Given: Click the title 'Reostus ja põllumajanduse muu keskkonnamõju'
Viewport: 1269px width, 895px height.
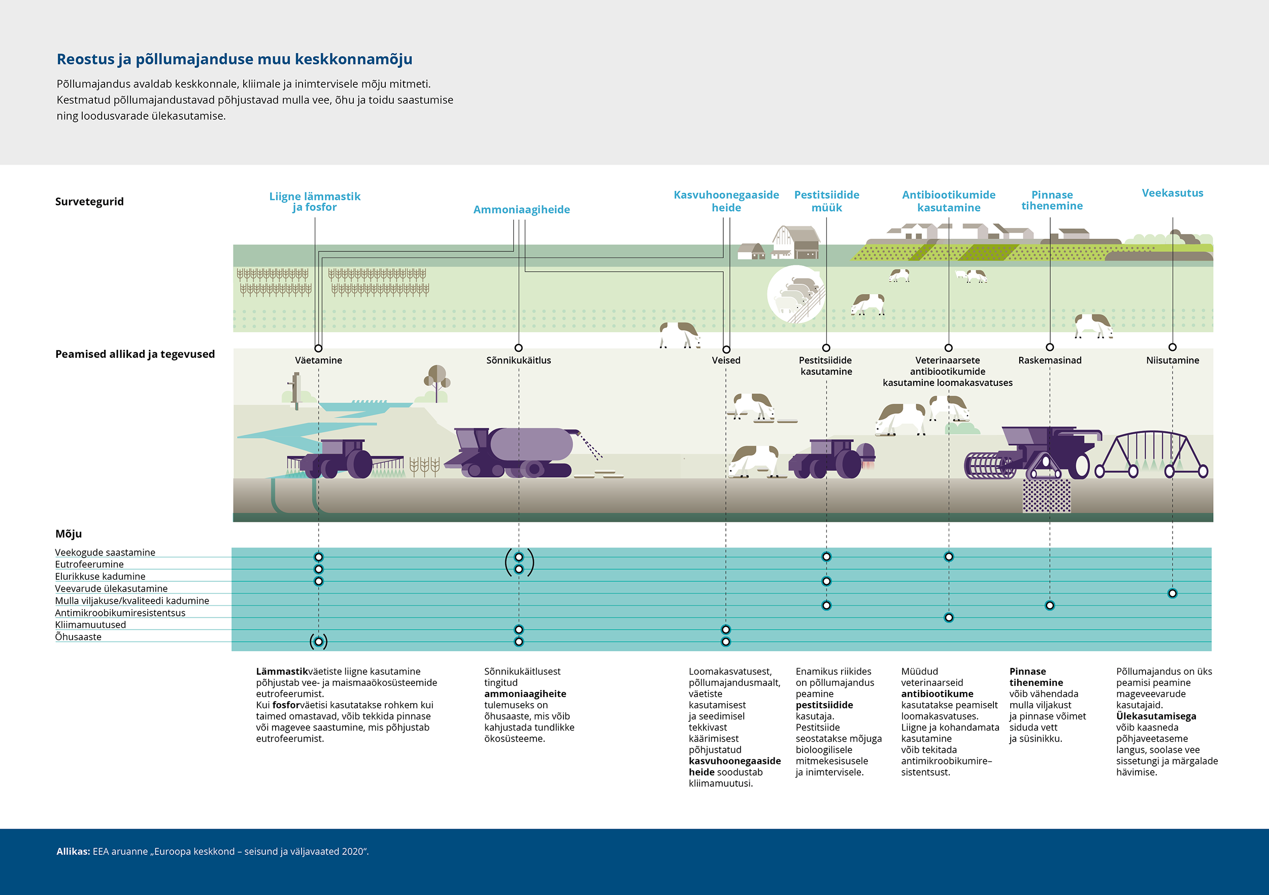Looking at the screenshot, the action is point(235,59).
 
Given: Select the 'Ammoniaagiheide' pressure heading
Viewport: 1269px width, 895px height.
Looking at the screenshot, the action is point(521,210).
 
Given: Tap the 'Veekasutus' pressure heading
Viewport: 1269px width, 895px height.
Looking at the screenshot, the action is point(1172,193).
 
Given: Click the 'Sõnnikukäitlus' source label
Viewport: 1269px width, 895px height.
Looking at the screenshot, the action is point(518,360).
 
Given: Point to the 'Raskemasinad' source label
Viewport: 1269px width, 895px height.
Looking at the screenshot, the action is point(1050,360).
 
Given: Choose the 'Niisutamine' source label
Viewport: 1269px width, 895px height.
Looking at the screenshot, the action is point(1172,360).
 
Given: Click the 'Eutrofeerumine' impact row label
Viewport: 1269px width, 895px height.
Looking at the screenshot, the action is point(89,564).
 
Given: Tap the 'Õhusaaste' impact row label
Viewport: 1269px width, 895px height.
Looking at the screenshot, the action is point(78,636).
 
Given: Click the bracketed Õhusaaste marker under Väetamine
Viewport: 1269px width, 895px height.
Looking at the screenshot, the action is point(318,641).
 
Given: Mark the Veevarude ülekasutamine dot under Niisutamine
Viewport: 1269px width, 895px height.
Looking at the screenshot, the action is point(1172,593).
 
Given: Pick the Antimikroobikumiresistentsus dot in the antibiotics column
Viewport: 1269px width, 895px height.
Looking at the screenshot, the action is point(948,617).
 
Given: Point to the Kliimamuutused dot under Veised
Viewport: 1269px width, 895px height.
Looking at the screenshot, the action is point(726,629).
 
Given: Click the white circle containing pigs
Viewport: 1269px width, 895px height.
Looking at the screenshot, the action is point(796,294).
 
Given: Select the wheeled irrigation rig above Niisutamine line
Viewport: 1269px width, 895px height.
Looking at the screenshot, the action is point(1151,454).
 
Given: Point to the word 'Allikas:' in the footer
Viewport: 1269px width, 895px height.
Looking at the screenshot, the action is point(73,851).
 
